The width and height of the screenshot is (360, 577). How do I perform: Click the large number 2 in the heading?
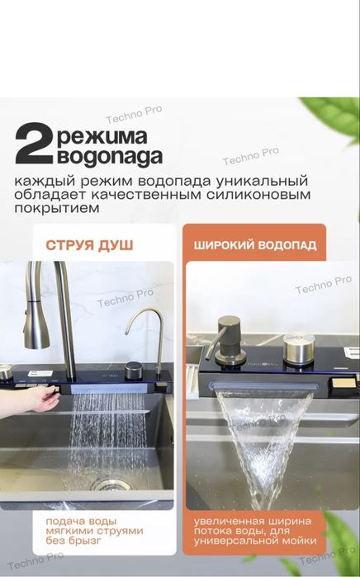pyautogui.click(x=34, y=144)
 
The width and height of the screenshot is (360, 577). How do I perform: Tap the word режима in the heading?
pyautogui.click(x=102, y=136)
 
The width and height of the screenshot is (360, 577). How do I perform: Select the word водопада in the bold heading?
pyautogui.click(x=110, y=156)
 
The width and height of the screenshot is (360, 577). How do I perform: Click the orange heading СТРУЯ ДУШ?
pyautogui.click(x=89, y=245)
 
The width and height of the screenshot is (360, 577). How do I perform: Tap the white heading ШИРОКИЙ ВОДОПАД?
pyautogui.click(x=255, y=245)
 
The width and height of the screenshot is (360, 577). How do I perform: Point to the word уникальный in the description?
pyautogui.click(x=262, y=182)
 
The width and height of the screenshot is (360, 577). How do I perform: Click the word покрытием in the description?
pyautogui.click(x=57, y=208)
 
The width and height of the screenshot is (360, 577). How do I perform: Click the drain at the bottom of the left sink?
pyautogui.click(x=109, y=484)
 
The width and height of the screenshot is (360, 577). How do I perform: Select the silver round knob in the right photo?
pyautogui.click(x=299, y=348)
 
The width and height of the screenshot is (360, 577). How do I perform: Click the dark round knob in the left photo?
pyautogui.click(x=133, y=371)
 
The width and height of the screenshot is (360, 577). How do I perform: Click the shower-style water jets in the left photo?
pyautogui.click(x=107, y=437)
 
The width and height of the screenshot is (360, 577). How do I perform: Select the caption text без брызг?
pyautogui.click(x=73, y=541)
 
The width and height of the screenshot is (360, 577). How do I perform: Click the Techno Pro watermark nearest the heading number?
pyautogui.click(x=134, y=115)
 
